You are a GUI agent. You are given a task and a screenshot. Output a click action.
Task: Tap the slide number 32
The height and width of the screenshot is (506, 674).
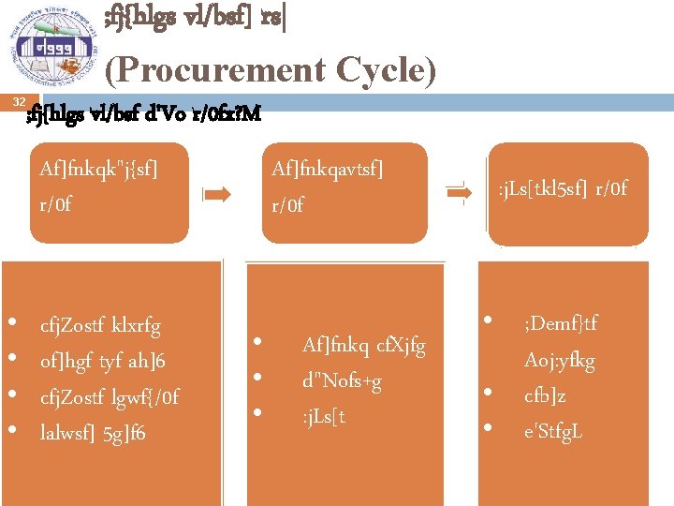click(x=19, y=101)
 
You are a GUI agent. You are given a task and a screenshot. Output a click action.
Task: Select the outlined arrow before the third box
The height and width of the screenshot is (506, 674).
click(x=460, y=192)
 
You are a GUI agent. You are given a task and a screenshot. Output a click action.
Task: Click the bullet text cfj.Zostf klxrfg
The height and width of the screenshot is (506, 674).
click(x=100, y=326)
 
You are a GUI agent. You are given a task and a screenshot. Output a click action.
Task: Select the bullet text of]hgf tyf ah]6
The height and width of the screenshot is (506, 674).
click(x=103, y=361)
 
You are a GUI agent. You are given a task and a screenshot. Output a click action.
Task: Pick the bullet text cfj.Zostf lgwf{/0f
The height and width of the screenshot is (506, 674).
click(x=110, y=396)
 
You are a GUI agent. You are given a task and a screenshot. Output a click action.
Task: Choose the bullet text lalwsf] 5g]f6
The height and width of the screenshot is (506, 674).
click(x=93, y=432)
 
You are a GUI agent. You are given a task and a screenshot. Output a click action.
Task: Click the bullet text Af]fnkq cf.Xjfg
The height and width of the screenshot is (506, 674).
click(x=363, y=346)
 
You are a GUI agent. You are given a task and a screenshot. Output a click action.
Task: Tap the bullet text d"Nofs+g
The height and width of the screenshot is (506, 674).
click(x=342, y=381)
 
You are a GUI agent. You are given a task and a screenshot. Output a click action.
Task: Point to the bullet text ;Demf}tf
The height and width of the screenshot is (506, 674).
click(x=561, y=324)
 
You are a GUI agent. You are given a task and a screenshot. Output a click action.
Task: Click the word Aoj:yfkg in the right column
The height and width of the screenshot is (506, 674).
click(x=560, y=360)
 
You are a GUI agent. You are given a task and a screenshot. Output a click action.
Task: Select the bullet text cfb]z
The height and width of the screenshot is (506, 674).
click(x=545, y=395)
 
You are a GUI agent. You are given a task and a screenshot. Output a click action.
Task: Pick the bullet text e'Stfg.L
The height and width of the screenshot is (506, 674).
click(x=553, y=431)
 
